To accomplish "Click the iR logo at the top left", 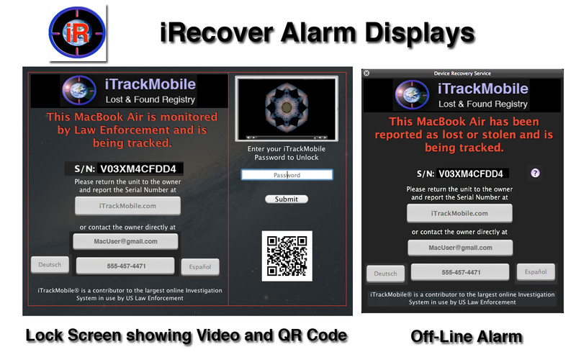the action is pos(77,32).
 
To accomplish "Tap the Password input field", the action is pos(287,175).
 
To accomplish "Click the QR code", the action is pos(287,256).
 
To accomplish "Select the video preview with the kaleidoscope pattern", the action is pos(287,109).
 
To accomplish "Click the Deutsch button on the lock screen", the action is pos(50,265).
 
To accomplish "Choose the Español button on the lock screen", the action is pos(200,267).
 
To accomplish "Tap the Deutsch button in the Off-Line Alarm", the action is pos(385,274).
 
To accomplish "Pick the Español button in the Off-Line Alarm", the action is pos(536,272).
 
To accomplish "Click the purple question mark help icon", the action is pos(535,173).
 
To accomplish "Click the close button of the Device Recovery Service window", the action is pos(366,73).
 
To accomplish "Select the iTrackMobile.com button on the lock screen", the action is pos(127,206).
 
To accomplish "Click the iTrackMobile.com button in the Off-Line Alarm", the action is pos(459,213).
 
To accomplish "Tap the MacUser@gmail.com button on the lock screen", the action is pos(125,241).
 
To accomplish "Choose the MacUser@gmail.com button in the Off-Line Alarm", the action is pos(460,248).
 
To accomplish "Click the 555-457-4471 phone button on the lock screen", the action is pos(125,266).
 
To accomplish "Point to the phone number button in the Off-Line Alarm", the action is pos(460,273).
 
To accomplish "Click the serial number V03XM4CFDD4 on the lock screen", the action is pos(138,168).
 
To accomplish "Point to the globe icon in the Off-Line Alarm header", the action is pos(412,95).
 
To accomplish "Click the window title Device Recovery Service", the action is pos(462,73).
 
